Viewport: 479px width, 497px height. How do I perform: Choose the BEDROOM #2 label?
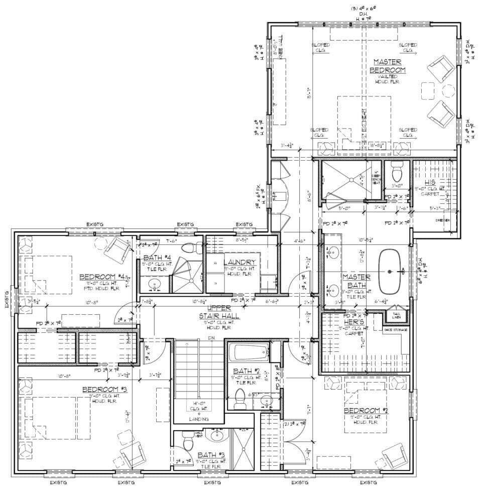[366, 410]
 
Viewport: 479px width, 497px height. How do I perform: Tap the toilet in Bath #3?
[187, 442]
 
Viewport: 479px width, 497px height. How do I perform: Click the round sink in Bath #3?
[216, 435]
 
